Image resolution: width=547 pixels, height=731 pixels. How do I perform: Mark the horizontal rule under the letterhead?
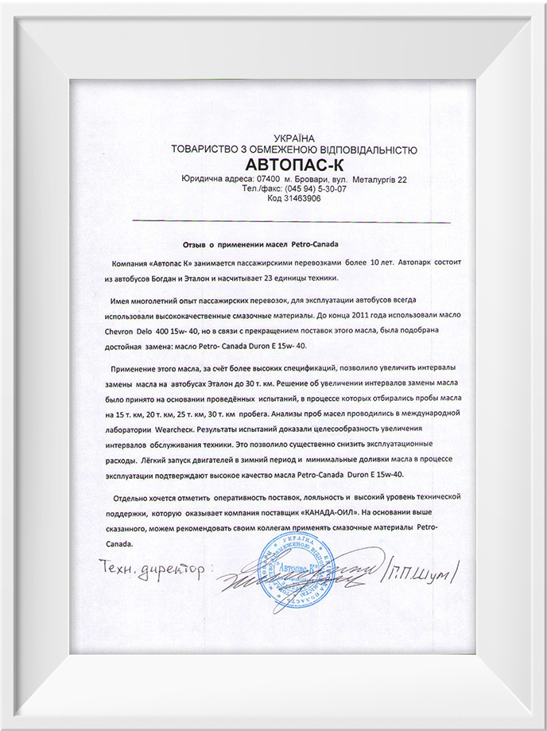[x=291, y=221]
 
